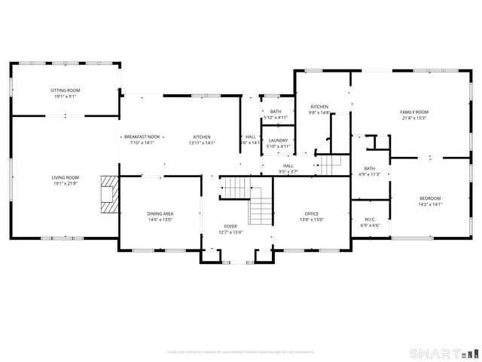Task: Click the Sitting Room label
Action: tap(66, 90)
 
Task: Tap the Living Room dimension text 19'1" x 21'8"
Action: tap(66, 183)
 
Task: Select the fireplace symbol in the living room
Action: tap(110, 195)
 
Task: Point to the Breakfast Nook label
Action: tap(142, 137)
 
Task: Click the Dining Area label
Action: tap(160, 214)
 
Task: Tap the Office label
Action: tap(312, 214)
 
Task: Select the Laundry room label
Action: tap(278, 140)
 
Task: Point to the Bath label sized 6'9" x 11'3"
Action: tap(369, 169)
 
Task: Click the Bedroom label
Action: tap(429, 198)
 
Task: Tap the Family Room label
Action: tap(413, 112)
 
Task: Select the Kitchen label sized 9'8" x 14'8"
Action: tap(319, 107)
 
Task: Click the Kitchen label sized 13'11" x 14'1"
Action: tap(201, 137)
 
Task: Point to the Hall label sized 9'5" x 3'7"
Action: tap(288, 166)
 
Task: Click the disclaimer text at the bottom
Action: tap(242, 351)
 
